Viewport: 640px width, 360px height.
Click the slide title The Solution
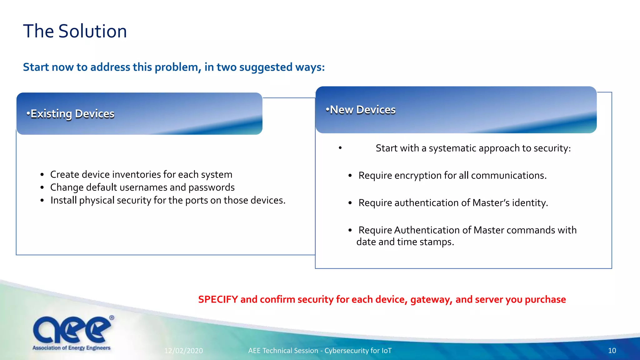(x=75, y=31)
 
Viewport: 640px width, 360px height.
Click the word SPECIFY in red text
(x=218, y=299)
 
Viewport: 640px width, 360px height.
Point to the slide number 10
(x=612, y=351)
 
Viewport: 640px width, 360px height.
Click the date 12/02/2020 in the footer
(x=183, y=351)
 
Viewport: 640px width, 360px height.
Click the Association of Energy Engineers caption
(x=72, y=348)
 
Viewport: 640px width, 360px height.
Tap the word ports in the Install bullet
(x=196, y=200)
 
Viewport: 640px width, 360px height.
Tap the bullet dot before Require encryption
(x=350, y=176)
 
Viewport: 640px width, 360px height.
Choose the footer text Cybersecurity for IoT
(x=358, y=351)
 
